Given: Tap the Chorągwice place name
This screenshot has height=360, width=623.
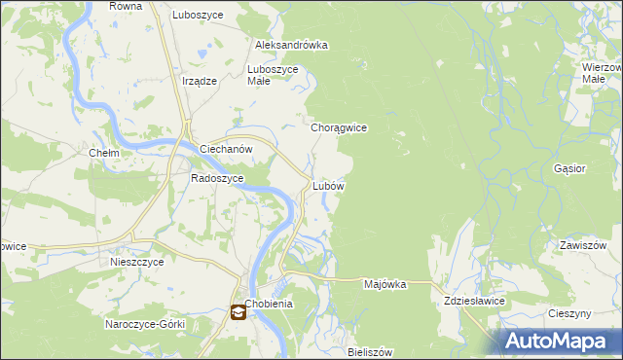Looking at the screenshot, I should [338, 127].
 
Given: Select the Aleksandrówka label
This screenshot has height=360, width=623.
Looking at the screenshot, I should [291, 45].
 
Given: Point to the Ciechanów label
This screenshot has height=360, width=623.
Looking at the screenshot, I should [226, 149].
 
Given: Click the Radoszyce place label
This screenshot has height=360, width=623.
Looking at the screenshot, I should [216, 178].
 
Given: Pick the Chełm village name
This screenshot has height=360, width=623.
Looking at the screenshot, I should [103, 154].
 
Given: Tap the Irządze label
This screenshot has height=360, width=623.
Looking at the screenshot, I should [199, 82].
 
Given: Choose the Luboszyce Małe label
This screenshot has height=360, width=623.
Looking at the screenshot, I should [279, 75].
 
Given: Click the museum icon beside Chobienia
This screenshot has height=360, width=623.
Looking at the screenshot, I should [238, 312].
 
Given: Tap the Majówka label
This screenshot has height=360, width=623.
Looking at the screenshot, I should [384, 284].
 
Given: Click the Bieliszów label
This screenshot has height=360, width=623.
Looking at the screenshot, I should [369, 351].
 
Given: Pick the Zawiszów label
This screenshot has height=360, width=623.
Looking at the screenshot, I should [583, 245].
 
